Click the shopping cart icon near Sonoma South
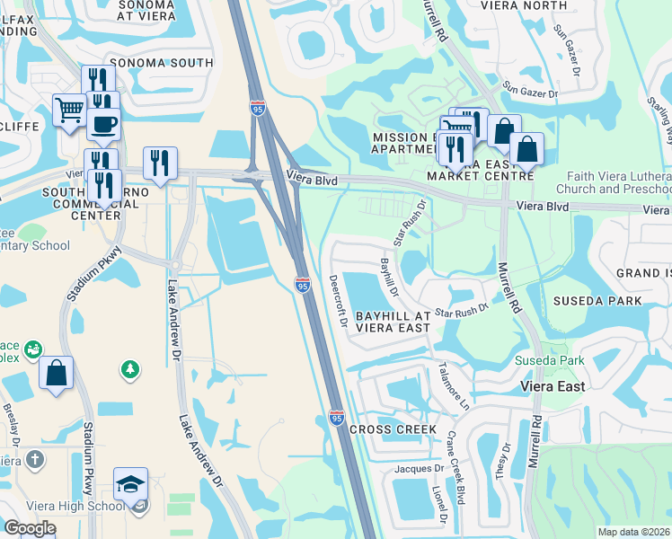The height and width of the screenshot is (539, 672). coord(68,111)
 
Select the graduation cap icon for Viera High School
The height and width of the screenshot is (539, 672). coord(130,485)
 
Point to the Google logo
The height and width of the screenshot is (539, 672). coord(31,528)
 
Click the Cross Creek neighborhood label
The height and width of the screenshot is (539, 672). coord(393,429)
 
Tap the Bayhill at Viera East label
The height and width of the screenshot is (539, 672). coord(393,323)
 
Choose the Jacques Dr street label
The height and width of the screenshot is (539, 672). coord(420,469)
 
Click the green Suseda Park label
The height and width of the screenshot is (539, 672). coord(549,361)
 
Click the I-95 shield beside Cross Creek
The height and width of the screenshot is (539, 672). coord(336,419)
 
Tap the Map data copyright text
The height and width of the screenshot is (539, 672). coord(633,532)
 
